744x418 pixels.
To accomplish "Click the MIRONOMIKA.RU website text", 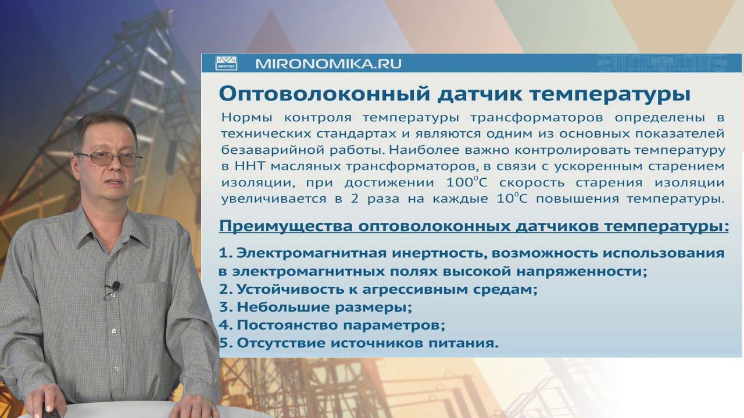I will [x=328, y=63].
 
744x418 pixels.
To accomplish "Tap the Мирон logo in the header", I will [x=227, y=63].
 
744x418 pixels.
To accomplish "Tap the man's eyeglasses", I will [x=109, y=158].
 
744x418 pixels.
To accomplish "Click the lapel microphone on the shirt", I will [x=115, y=286].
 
